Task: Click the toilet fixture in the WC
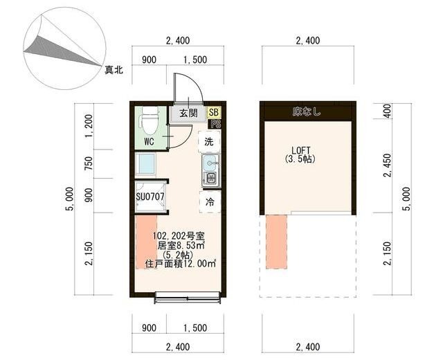pos(147,123)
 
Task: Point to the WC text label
pos(149,142)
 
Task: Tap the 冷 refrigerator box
pos(209,201)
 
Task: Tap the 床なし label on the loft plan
pos(307,111)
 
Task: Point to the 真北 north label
pos(114,70)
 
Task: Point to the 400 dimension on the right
pos(387,111)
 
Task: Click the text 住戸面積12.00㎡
pos(181,264)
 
